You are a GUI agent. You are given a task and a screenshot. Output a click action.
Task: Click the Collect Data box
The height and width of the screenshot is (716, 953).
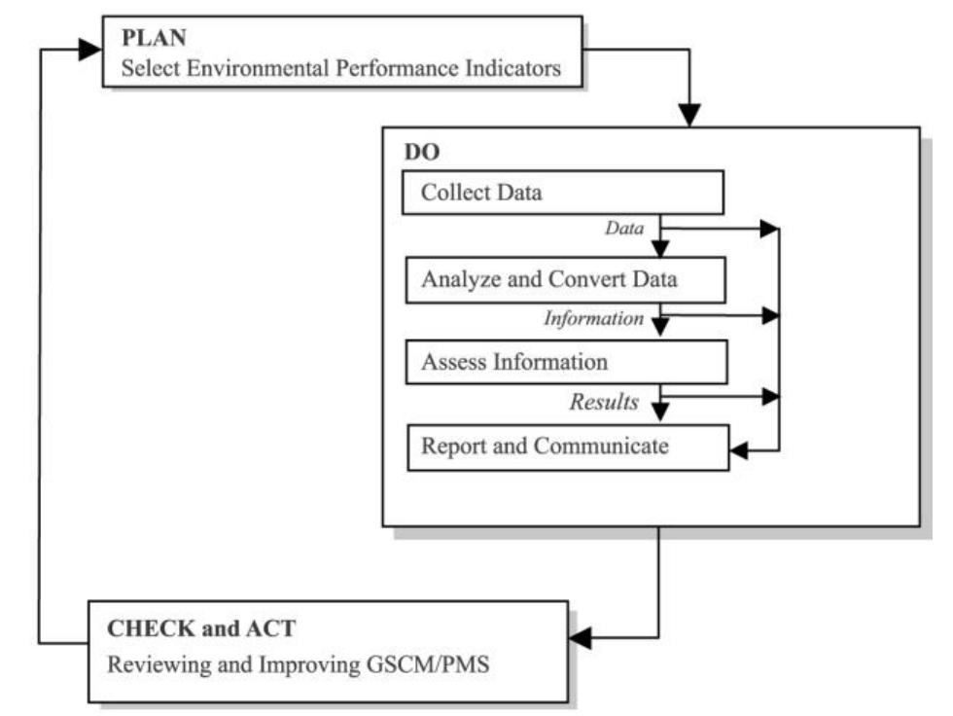(563, 193)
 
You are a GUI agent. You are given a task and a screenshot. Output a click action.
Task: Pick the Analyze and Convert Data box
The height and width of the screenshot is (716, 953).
(565, 279)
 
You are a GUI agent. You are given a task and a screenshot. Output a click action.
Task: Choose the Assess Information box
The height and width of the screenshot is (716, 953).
(565, 363)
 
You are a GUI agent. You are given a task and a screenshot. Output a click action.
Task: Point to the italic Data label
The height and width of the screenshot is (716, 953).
(625, 228)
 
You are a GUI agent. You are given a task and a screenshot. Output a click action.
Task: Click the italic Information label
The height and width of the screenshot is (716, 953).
(593, 317)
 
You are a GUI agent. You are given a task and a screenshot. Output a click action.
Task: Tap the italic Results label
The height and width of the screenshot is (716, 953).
(603, 401)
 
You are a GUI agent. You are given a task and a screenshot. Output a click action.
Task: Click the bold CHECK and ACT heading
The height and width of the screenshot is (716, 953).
(200, 628)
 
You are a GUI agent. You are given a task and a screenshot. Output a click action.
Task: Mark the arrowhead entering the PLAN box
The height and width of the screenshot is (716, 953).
(89, 49)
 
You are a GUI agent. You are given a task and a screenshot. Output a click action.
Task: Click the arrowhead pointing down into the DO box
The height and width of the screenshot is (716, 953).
(688, 115)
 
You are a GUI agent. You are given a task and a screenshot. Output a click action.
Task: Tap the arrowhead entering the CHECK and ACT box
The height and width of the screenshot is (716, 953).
(581, 638)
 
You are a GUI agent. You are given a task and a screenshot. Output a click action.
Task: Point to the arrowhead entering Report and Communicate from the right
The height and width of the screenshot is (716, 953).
(741, 450)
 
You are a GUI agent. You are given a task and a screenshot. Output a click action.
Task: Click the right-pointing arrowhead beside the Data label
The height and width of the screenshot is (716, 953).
(770, 230)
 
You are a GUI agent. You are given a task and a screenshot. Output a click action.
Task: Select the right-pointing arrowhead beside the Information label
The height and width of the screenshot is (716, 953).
(770, 314)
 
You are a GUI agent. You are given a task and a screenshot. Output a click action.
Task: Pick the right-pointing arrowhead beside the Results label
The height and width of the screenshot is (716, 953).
(770, 396)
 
